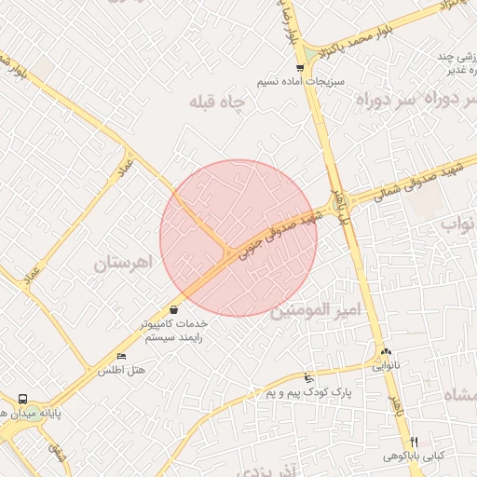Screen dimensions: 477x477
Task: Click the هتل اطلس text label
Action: pyautogui.click(x=122, y=371)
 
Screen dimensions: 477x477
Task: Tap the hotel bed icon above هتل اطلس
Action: pyautogui.click(x=121, y=357)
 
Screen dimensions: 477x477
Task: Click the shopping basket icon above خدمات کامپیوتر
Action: pyautogui.click(x=173, y=309)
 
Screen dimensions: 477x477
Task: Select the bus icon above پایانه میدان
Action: pyautogui.click(x=25, y=396)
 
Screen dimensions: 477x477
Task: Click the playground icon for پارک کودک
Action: pyautogui.click(x=308, y=378)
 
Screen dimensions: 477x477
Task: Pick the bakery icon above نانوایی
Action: pyautogui.click(x=386, y=351)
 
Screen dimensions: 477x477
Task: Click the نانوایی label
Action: pyautogui.click(x=387, y=366)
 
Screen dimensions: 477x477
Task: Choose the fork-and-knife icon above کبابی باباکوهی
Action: pyautogui.click(x=415, y=441)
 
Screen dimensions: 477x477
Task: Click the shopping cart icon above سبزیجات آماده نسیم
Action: pyautogui.click(x=298, y=67)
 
